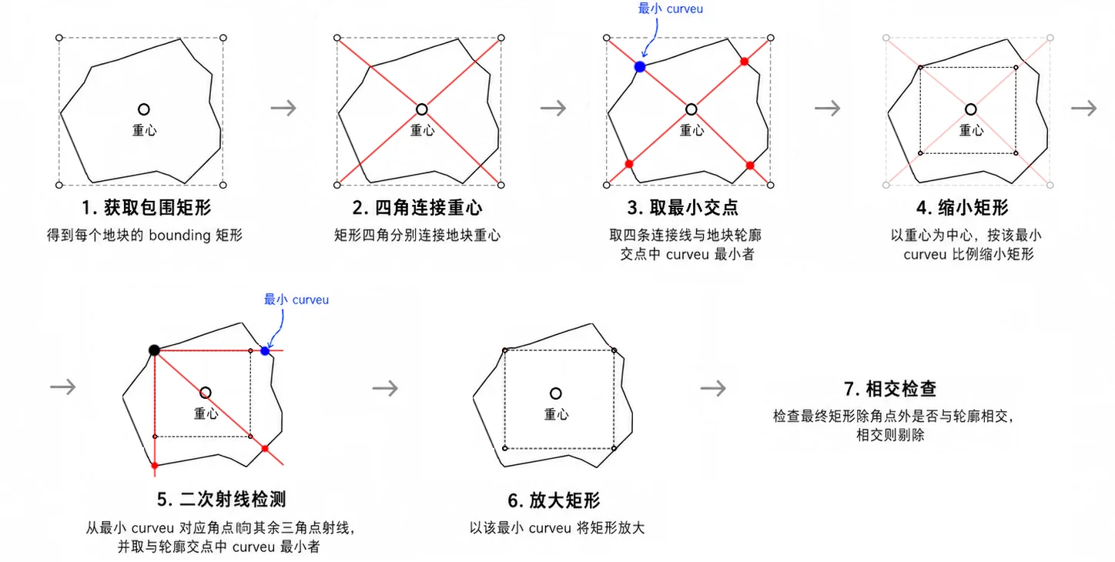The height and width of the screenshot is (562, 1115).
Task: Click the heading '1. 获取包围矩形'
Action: tap(146, 208)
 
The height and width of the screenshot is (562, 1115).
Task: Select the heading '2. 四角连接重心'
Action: tap(417, 208)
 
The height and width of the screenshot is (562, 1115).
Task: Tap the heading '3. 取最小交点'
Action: tap(682, 208)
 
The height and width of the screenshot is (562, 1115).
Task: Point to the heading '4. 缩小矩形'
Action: tap(963, 208)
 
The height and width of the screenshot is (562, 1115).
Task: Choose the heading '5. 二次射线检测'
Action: tap(222, 500)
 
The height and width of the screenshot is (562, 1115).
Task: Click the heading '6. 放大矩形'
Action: tap(554, 500)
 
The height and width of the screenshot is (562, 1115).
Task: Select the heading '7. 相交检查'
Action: tap(890, 389)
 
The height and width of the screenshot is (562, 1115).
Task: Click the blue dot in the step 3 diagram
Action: tap(640, 67)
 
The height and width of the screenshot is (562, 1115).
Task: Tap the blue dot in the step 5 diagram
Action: tap(265, 351)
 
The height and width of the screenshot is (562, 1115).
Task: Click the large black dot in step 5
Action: tap(154, 350)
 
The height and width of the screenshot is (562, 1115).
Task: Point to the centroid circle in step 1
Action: tap(144, 109)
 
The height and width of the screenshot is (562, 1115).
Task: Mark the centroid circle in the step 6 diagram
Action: tap(556, 393)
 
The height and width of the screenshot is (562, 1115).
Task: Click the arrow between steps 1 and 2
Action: tap(283, 108)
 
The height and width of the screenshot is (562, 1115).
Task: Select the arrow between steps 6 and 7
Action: tap(713, 388)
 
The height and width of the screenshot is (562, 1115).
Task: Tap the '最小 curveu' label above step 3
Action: tap(671, 9)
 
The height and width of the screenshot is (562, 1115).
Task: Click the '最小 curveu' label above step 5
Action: tap(296, 299)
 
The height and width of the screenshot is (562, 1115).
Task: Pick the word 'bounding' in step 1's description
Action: tap(179, 235)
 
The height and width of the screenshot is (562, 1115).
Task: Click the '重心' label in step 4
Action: tap(971, 130)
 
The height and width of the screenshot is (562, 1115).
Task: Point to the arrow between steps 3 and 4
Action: tap(828, 108)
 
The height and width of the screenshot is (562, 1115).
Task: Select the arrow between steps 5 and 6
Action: tap(385, 388)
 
